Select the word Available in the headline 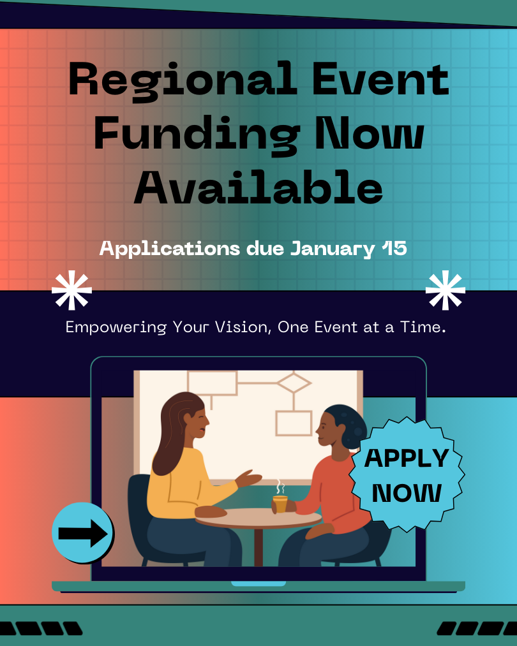tap(258, 187)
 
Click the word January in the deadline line tap(333, 249)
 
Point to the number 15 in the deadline tap(394, 249)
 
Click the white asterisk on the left tap(71, 290)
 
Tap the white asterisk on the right tap(446, 290)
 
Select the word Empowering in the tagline tap(116, 328)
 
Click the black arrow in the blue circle tap(83, 534)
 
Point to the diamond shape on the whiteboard tap(294, 383)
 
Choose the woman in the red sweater tap(330, 486)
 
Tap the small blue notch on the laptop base tap(258, 584)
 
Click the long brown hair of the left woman tap(173, 432)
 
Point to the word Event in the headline tap(380, 79)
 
